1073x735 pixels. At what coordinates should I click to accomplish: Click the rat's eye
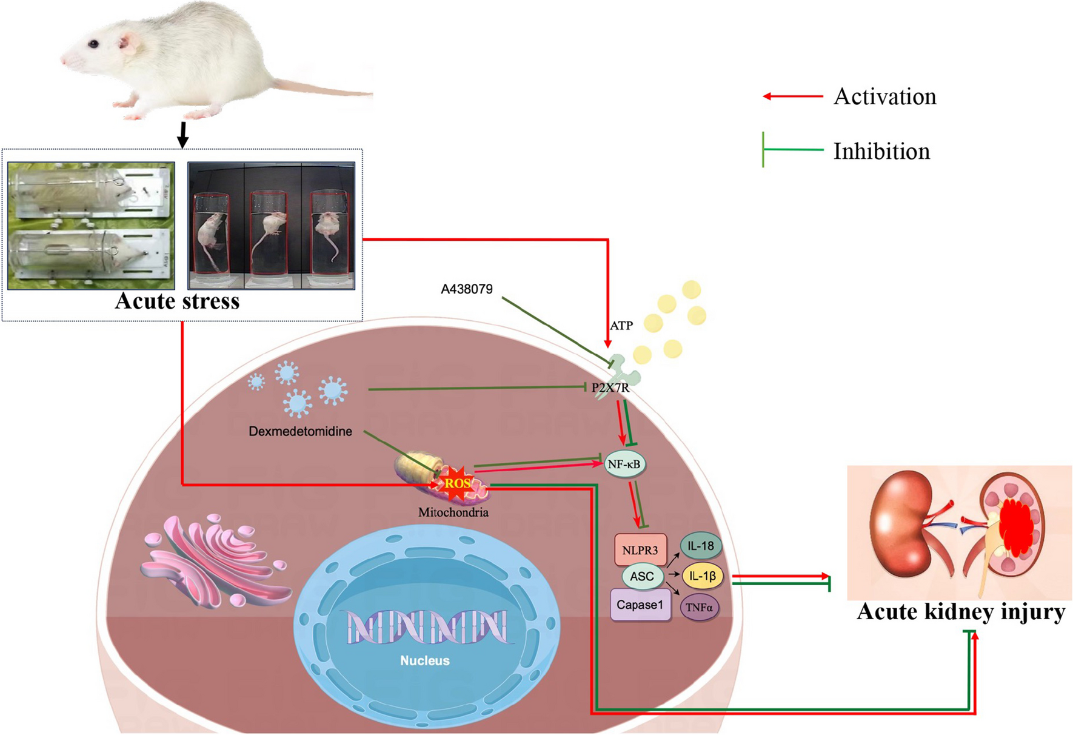point(93,44)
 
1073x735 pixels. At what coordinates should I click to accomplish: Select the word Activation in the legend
point(884,97)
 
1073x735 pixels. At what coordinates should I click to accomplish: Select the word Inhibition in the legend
point(881,152)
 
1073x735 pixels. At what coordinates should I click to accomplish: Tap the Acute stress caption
point(177,301)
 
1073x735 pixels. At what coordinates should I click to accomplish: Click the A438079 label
point(466,289)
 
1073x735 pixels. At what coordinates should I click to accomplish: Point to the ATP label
point(621,326)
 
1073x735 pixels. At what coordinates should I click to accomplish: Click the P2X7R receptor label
point(610,388)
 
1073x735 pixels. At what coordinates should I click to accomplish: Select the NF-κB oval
point(624,465)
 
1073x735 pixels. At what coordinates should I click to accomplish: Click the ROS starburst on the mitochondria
point(456,483)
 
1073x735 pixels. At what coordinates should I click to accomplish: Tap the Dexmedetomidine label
point(300,432)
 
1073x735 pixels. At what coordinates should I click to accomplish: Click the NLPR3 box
point(640,551)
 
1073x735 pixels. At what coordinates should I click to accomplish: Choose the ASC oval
point(641,576)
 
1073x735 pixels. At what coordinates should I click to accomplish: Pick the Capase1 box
point(640,605)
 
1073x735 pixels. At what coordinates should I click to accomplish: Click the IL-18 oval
point(701,546)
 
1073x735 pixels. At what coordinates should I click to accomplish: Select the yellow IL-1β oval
point(702,576)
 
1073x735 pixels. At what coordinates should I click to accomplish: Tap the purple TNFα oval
point(699,607)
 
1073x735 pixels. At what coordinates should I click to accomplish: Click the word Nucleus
point(424,660)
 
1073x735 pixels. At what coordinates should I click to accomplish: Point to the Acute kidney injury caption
point(960,611)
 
